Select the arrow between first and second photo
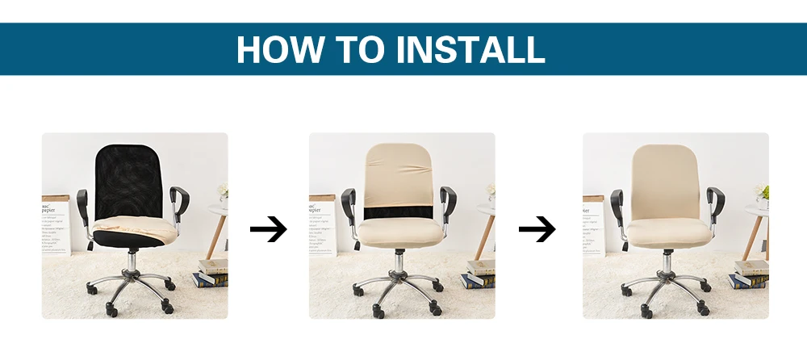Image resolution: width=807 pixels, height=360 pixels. point(268,230)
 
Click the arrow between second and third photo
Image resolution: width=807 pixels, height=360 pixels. point(537,230)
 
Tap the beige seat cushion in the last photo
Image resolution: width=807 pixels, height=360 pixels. point(666,233)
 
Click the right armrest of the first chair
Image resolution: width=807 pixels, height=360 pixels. point(180,198)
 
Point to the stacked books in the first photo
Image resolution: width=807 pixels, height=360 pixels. point(211,273)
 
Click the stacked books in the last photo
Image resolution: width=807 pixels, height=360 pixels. point(749,274)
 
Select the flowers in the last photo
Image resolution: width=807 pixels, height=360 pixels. point(759,192)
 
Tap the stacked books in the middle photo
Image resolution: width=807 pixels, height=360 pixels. point(479,274)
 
